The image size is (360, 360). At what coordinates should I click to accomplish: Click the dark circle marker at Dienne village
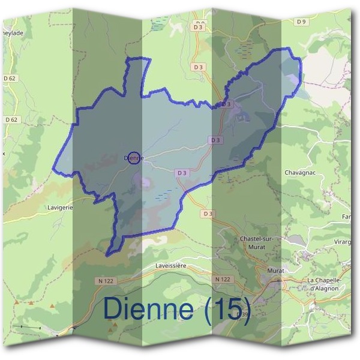[x=134, y=158]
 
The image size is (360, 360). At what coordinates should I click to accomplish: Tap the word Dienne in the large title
[x=148, y=308]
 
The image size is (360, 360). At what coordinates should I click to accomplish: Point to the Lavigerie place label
[x=60, y=208]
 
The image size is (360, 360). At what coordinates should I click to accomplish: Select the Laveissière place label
[x=172, y=265]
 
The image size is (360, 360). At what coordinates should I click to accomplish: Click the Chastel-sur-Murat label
[x=256, y=242]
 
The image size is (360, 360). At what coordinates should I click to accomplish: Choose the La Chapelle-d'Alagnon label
[x=323, y=284]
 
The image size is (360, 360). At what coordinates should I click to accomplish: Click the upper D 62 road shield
[x=10, y=78]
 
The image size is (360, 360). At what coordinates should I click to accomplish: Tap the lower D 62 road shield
[x=11, y=119]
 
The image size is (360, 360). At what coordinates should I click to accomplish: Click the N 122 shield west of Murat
[x=223, y=280]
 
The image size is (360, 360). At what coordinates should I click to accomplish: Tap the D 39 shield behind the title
[x=242, y=314]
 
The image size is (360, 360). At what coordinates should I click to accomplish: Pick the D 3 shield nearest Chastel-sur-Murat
[x=208, y=214]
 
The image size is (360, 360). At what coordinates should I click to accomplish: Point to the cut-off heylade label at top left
[x=13, y=50]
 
